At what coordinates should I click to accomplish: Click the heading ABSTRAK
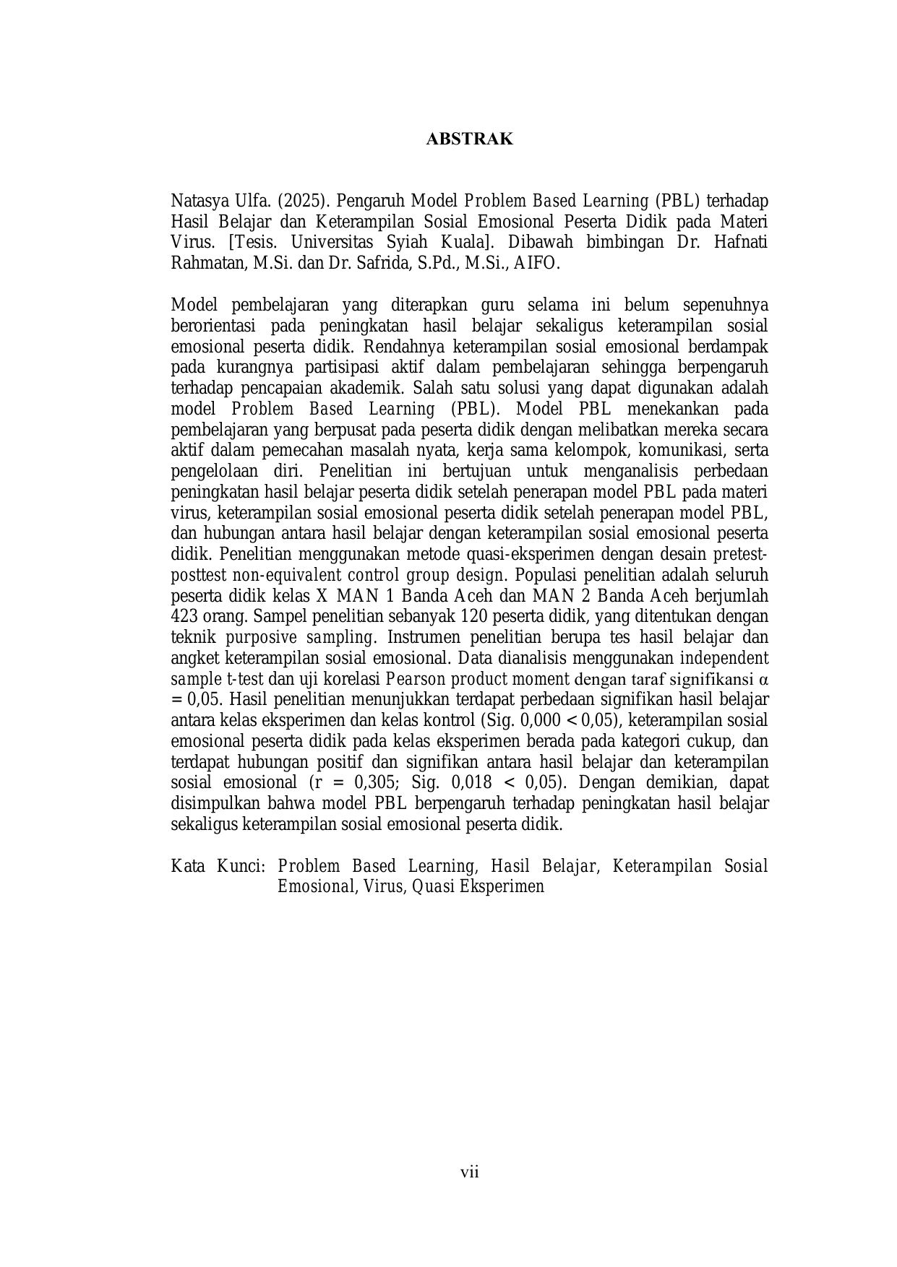click(469, 139)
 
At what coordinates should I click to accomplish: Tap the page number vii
click(470, 1172)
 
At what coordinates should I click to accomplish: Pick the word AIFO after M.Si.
click(538, 263)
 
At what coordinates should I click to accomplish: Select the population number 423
click(185, 617)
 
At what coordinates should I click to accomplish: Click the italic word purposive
click(261, 638)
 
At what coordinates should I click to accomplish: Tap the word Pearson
click(415, 679)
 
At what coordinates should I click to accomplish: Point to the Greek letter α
click(763, 679)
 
